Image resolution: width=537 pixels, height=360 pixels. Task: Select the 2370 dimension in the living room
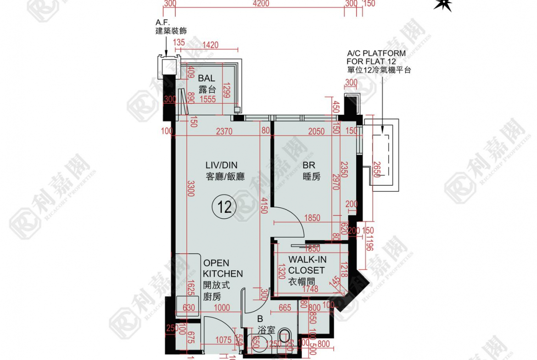[224, 132]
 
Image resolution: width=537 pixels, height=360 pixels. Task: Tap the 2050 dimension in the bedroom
[316, 132]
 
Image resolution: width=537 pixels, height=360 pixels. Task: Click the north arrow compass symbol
[443, 5]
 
